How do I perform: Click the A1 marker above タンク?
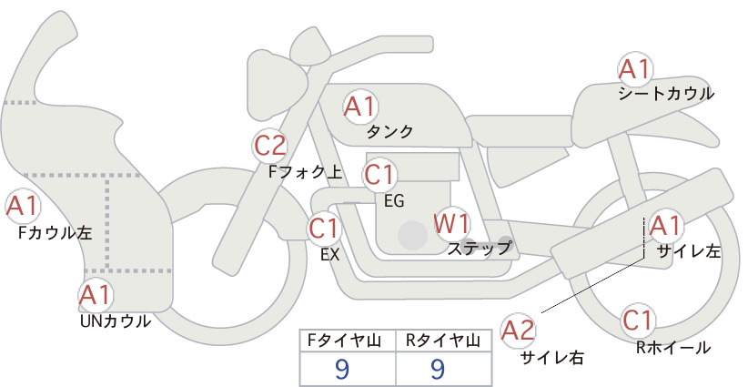[x=360, y=107]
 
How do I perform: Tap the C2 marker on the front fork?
[x=270, y=146]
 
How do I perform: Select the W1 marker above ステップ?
[x=451, y=223]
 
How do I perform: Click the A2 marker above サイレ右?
[x=518, y=331]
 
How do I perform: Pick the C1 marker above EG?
[x=379, y=175]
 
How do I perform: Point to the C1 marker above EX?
[x=325, y=228]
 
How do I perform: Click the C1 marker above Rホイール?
[x=638, y=321]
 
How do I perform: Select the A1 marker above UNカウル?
[x=96, y=295]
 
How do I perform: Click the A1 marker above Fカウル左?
[x=23, y=207]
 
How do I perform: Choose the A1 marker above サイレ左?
[x=665, y=226]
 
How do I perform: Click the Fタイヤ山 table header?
[x=344, y=341]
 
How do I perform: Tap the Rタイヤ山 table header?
[x=443, y=341]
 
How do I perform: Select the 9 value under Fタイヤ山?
[x=342, y=369]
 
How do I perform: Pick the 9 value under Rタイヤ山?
[x=438, y=369]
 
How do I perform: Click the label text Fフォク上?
[x=306, y=172]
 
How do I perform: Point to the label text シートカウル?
[x=666, y=94]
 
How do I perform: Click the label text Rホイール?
[x=673, y=348]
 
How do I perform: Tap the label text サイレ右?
[x=552, y=358]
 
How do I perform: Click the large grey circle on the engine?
[x=412, y=235]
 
